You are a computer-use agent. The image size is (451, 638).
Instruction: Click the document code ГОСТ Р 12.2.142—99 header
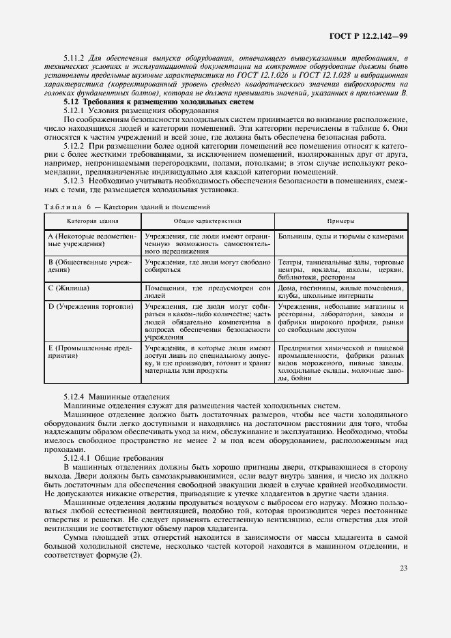point(370,35)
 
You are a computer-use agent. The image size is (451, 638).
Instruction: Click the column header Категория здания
point(92,221)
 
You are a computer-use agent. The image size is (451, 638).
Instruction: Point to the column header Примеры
point(340,221)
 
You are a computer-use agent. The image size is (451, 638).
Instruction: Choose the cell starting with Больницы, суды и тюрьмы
point(340,236)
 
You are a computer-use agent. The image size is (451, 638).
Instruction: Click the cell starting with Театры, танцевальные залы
point(340,269)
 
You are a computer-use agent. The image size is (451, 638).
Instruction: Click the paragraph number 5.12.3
point(74,181)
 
